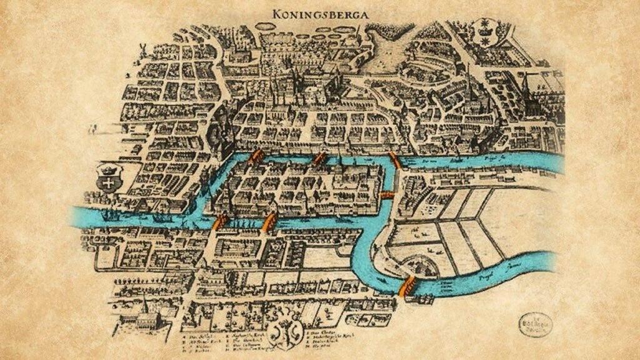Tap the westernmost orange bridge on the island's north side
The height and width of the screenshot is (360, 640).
[x=255, y=156]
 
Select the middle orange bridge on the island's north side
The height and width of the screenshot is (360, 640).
[x=320, y=158]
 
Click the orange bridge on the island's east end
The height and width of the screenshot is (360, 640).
[x=387, y=195]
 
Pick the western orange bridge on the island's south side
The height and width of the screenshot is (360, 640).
[x=219, y=222]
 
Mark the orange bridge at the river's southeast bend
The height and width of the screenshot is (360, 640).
[x=407, y=286]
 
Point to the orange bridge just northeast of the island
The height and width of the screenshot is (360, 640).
[x=395, y=161]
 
